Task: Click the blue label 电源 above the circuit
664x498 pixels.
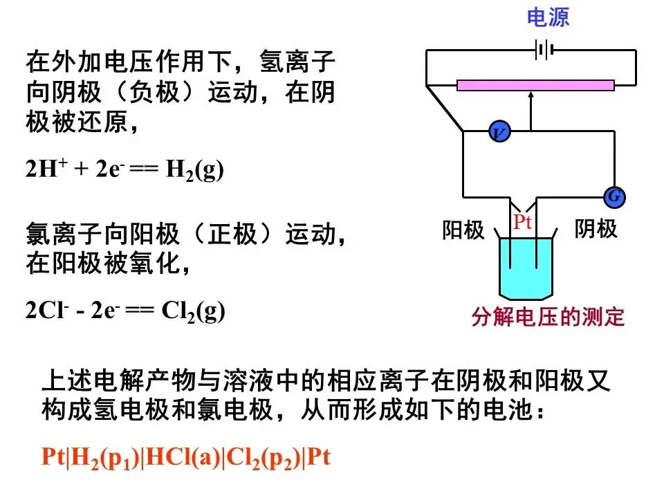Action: point(548,18)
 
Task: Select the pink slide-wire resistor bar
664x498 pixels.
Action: point(535,85)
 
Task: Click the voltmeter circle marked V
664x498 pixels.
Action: point(498,131)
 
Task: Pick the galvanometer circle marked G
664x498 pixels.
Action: point(614,197)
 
